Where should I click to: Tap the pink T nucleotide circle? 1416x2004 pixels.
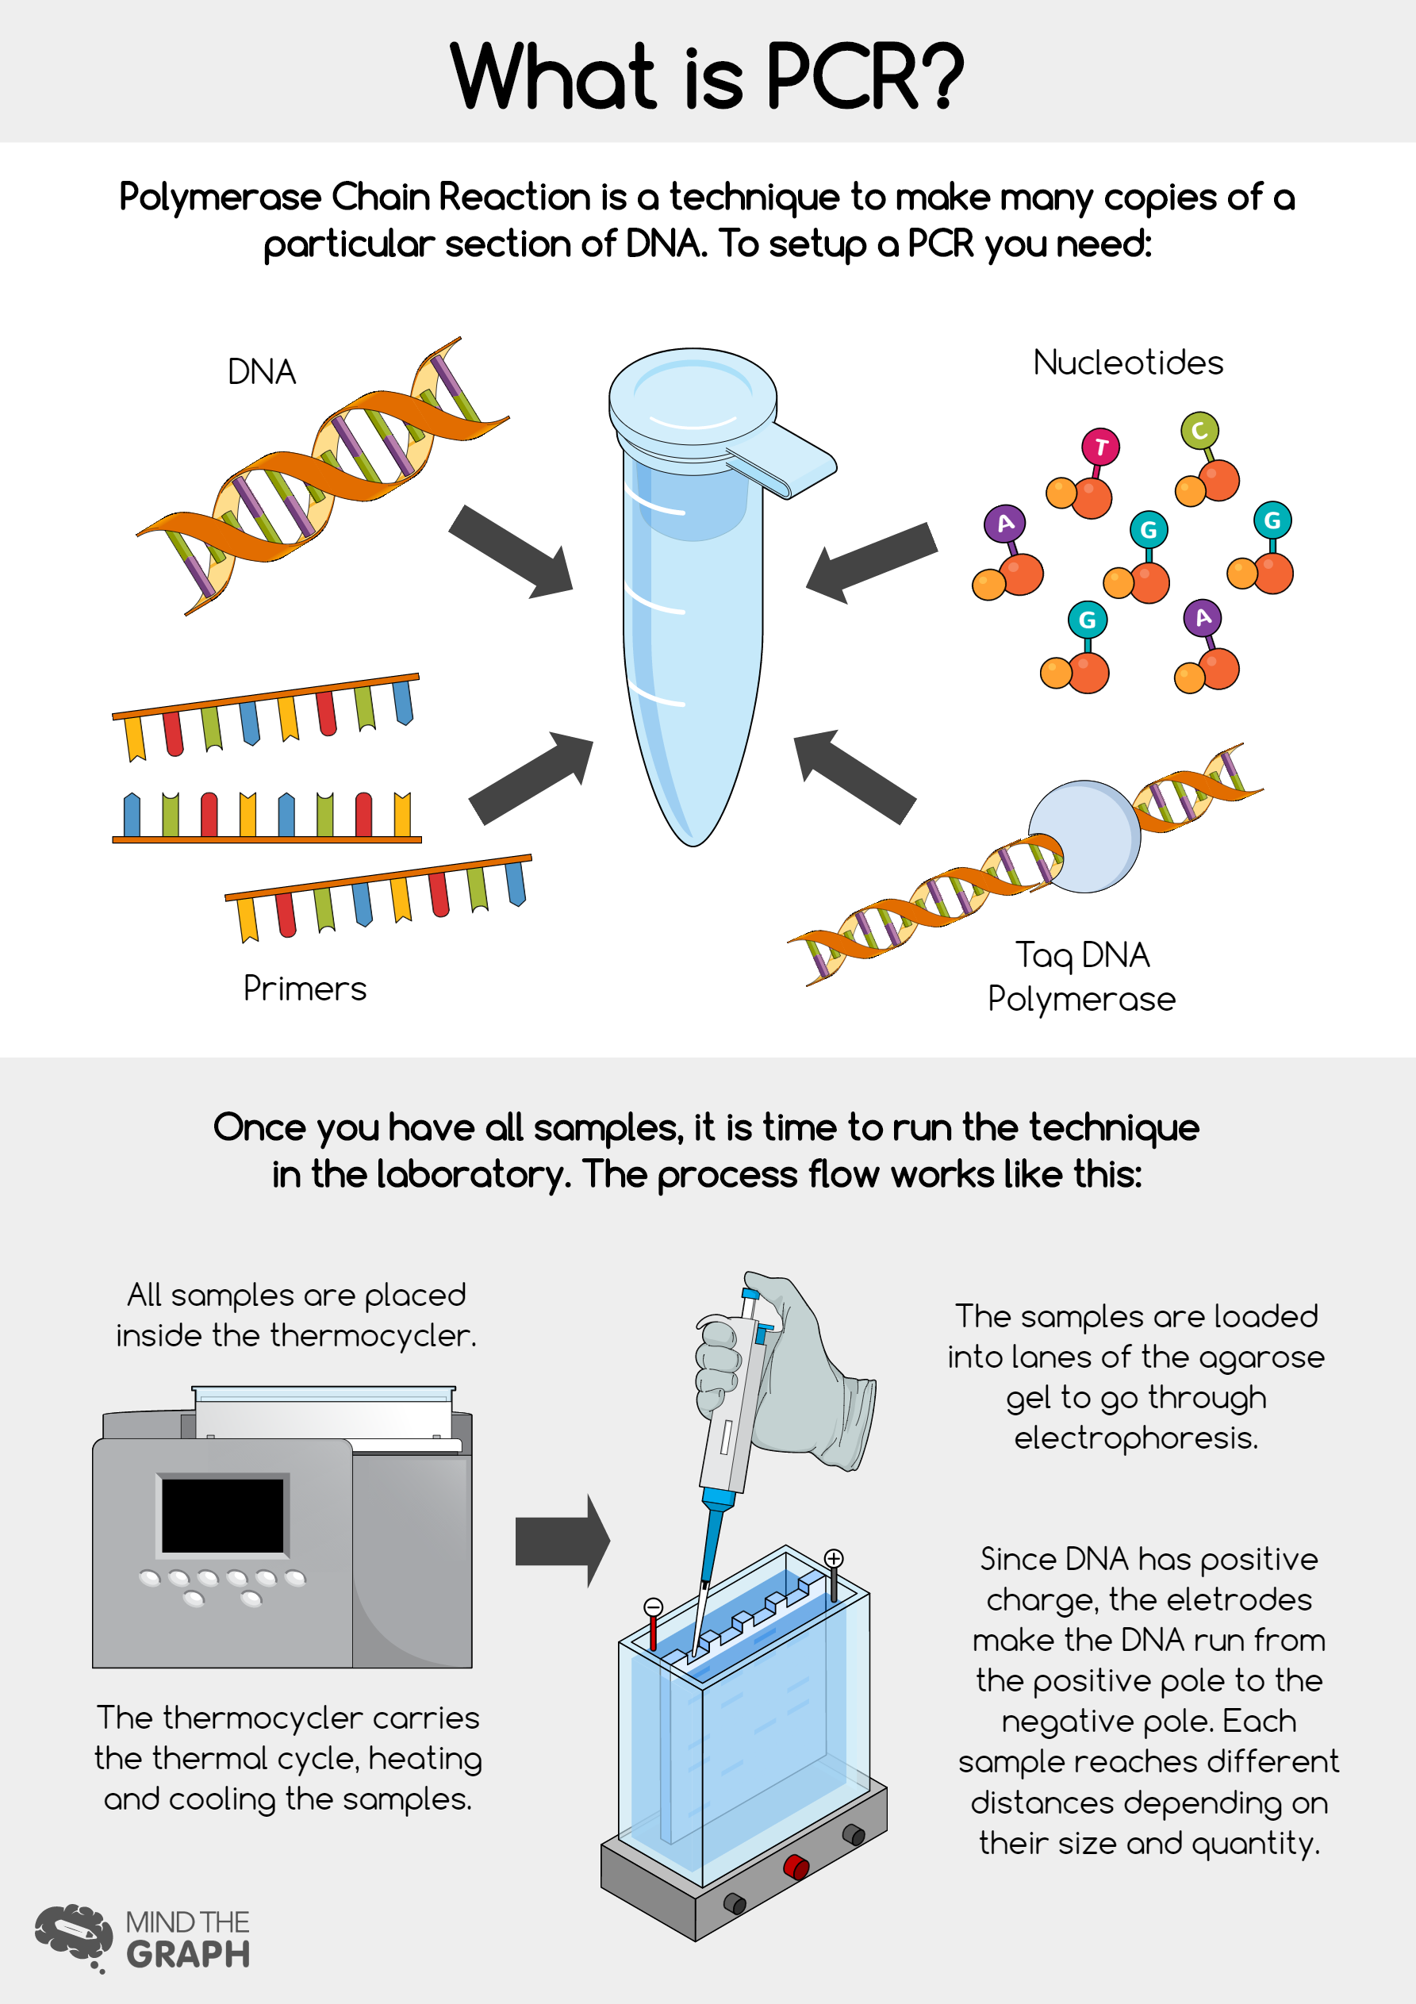1100,447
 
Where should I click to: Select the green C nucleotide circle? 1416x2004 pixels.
1199,430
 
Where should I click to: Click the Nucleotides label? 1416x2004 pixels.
1128,363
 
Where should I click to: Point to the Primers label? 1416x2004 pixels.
305,988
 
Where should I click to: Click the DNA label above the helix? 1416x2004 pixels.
261,372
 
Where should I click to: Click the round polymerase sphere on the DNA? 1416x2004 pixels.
1084,836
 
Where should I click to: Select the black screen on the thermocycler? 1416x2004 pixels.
223,1515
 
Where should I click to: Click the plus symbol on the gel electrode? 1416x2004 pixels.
834,1559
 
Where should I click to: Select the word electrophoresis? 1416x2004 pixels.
1136,1438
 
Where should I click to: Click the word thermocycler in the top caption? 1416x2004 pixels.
373,1335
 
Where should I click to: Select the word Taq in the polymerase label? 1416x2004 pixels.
1043,956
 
